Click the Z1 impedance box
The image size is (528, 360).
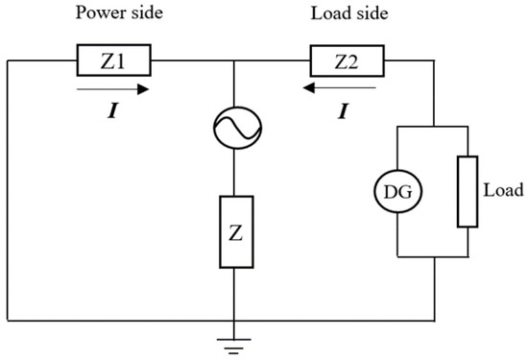coord(114,63)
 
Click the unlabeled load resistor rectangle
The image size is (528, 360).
coord(467,193)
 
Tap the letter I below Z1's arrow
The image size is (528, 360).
coord(113,112)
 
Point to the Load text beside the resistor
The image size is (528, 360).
coord(501,191)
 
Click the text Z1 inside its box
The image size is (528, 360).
coord(114,63)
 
